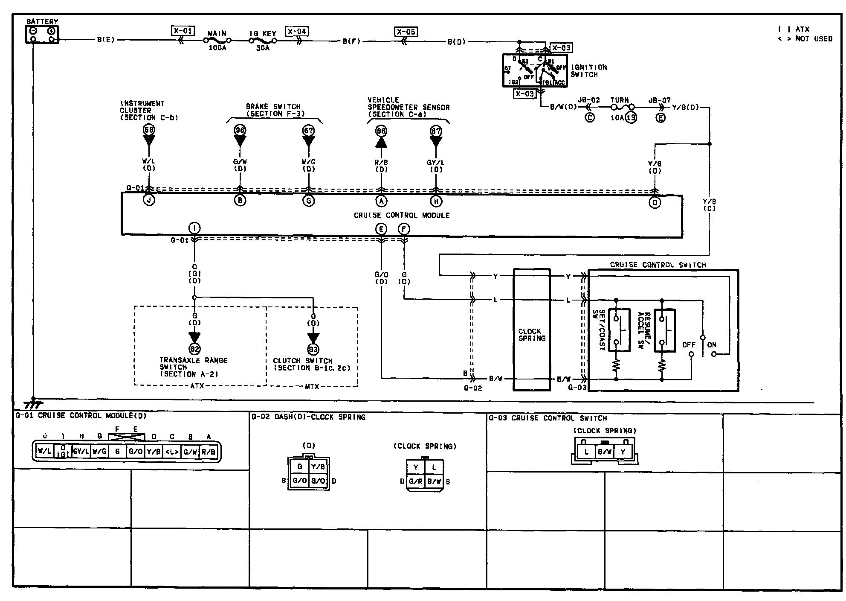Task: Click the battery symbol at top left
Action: [x=42, y=35]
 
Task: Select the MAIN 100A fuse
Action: [x=217, y=41]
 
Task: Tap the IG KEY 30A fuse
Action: [x=263, y=41]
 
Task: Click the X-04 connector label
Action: [x=297, y=32]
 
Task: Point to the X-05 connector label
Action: [x=406, y=32]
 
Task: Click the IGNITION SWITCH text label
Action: [x=588, y=71]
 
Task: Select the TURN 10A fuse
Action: [x=623, y=108]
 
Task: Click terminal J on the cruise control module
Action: [x=149, y=200]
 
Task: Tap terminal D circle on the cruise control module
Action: [x=655, y=202]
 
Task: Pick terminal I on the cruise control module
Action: [x=194, y=228]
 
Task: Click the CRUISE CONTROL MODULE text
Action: [x=402, y=216]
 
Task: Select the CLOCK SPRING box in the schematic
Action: [x=532, y=330]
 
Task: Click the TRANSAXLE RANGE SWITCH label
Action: [x=193, y=367]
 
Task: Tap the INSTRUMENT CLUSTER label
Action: [x=142, y=110]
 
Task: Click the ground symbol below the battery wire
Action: [x=33, y=403]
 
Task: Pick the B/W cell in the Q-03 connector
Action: [x=605, y=452]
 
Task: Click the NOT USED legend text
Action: [x=814, y=39]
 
